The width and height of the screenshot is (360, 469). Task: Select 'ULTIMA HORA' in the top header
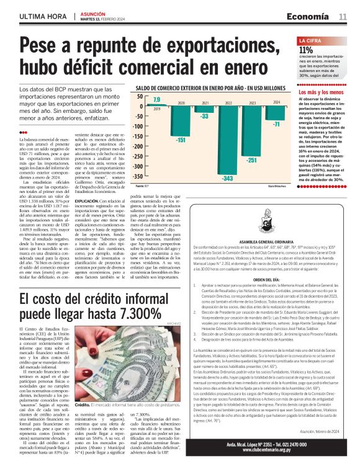pos(44,15)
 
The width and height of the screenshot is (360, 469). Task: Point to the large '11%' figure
pos(306,51)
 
